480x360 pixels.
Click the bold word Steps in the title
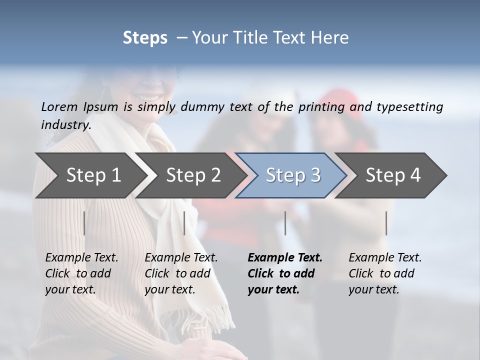(x=145, y=38)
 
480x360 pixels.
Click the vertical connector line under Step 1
(x=84, y=223)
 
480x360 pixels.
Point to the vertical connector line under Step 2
(x=184, y=223)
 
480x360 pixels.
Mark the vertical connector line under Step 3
(x=285, y=223)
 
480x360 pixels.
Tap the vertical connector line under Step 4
(x=386, y=223)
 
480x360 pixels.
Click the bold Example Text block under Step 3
(x=285, y=273)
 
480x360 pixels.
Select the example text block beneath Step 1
(x=81, y=273)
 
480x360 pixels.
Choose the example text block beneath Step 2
(x=181, y=273)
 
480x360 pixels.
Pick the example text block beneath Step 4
(x=385, y=273)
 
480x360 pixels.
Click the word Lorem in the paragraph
(x=59, y=106)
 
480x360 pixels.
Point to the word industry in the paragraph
(x=65, y=125)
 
